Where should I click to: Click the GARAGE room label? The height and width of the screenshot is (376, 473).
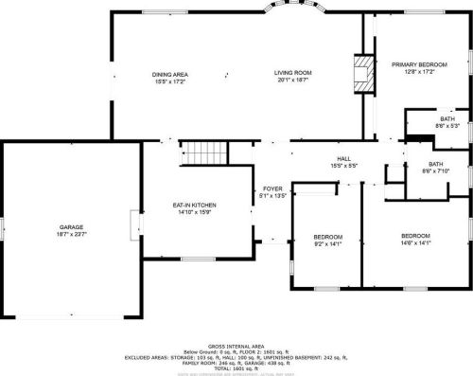click(x=72, y=226)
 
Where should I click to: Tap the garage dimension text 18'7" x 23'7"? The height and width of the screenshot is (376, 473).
click(x=72, y=234)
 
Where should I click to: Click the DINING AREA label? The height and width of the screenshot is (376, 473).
click(x=171, y=73)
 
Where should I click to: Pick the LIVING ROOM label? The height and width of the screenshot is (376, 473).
click(x=293, y=73)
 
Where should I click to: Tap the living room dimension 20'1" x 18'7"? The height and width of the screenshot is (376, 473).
click(x=293, y=81)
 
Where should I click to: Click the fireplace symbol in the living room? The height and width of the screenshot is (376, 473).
click(x=359, y=72)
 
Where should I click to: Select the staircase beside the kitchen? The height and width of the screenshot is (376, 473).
click(x=205, y=152)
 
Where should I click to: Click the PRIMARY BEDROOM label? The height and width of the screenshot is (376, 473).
click(x=418, y=64)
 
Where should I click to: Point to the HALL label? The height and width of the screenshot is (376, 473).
click(x=344, y=158)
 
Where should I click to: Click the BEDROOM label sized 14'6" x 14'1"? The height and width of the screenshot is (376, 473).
click(x=415, y=234)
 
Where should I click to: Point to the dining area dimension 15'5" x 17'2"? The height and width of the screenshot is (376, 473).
click(x=171, y=81)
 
